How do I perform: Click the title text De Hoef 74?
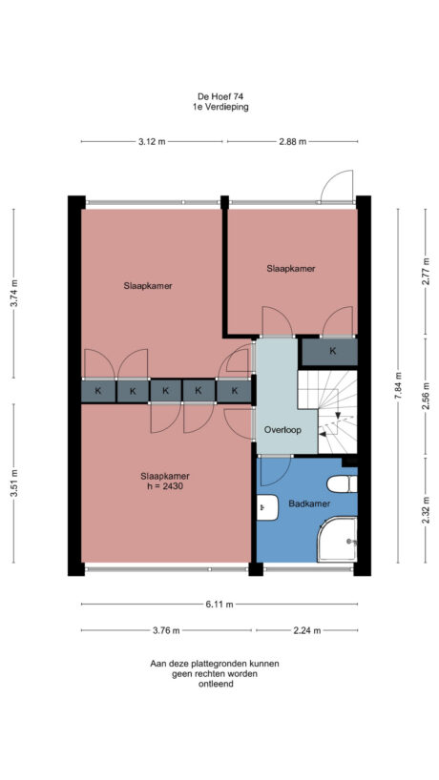coord(219,95)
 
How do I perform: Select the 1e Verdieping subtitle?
coord(219,107)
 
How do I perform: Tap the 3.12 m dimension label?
coord(152,141)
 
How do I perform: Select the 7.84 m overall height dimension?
coord(399,387)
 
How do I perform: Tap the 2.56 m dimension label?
coord(425,393)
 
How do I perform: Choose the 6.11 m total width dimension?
coord(219,604)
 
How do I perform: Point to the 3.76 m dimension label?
coord(167,629)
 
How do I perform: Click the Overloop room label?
coord(282,430)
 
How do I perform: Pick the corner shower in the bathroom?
coord(338,540)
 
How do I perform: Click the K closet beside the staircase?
coord(332,351)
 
